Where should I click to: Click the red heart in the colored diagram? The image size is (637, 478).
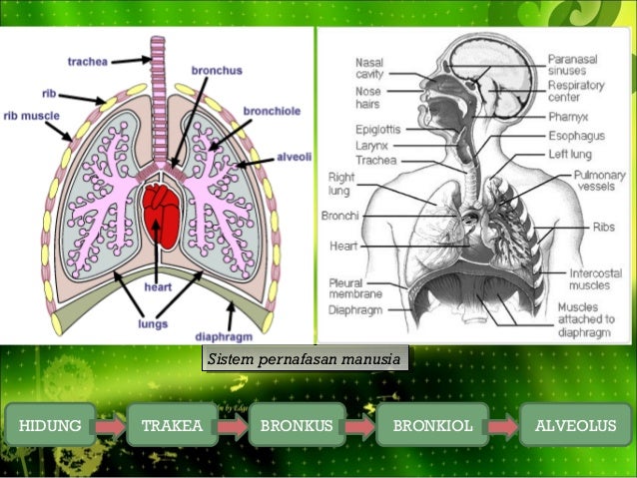click(x=162, y=217)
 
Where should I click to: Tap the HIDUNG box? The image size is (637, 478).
click(x=50, y=425)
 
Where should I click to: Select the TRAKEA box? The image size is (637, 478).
click(x=173, y=425)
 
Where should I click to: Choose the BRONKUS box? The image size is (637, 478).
click(x=297, y=425)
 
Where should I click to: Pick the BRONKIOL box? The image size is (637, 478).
click(x=432, y=425)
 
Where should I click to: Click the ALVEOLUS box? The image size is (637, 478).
click(x=576, y=425)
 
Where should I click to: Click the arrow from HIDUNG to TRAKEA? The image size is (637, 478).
click(x=111, y=426)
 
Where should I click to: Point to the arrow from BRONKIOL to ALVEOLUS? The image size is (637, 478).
click(x=504, y=426)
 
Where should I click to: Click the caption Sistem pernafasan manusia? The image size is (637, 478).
click(x=305, y=358)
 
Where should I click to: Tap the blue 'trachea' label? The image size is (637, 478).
click(x=88, y=62)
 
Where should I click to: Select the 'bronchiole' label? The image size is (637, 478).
click(x=272, y=111)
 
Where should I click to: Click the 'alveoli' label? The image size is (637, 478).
click(x=295, y=157)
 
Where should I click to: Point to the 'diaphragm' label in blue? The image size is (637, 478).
click(x=224, y=336)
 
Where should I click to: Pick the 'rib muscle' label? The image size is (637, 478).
click(x=32, y=116)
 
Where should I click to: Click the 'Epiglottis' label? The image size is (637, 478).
click(x=378, y=130)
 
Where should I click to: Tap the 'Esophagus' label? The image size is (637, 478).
click(x=577, y=136)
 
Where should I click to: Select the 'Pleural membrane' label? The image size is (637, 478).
click(x=355, y=288)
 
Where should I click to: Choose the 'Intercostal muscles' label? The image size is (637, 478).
click(x=595, y=279)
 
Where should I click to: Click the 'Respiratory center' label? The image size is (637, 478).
click(x=576, y=91)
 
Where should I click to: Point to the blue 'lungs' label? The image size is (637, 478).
click(x=153, y=324)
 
